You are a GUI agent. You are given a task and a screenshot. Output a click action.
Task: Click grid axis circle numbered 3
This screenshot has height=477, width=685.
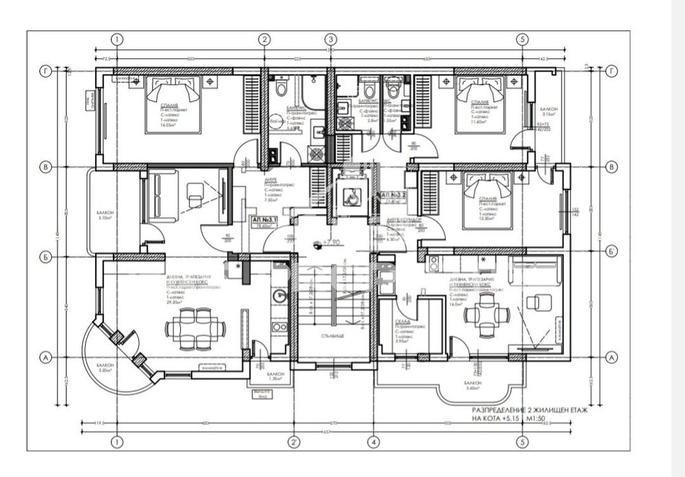[330, 40]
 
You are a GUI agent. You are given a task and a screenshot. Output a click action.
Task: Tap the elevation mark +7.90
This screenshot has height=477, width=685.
[332, 242]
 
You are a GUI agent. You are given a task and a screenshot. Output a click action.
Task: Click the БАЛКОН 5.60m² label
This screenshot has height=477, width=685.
[472, 384]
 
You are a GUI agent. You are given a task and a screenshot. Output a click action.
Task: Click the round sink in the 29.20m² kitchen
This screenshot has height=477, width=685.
[279, 297]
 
